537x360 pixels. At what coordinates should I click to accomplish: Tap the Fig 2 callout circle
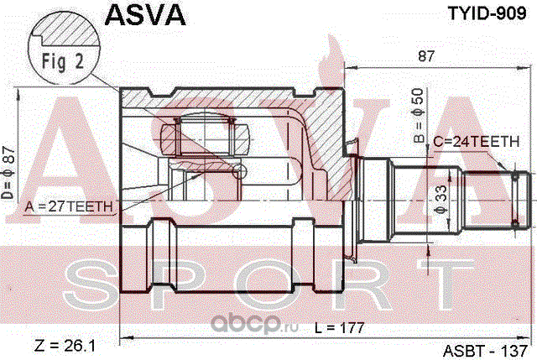pyautogui.click(x=60, y=60)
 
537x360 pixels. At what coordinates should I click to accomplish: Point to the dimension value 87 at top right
pyautogui.click(x=427, y=58)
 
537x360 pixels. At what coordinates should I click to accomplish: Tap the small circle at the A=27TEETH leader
pyautogui.click(x=241, y=170)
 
